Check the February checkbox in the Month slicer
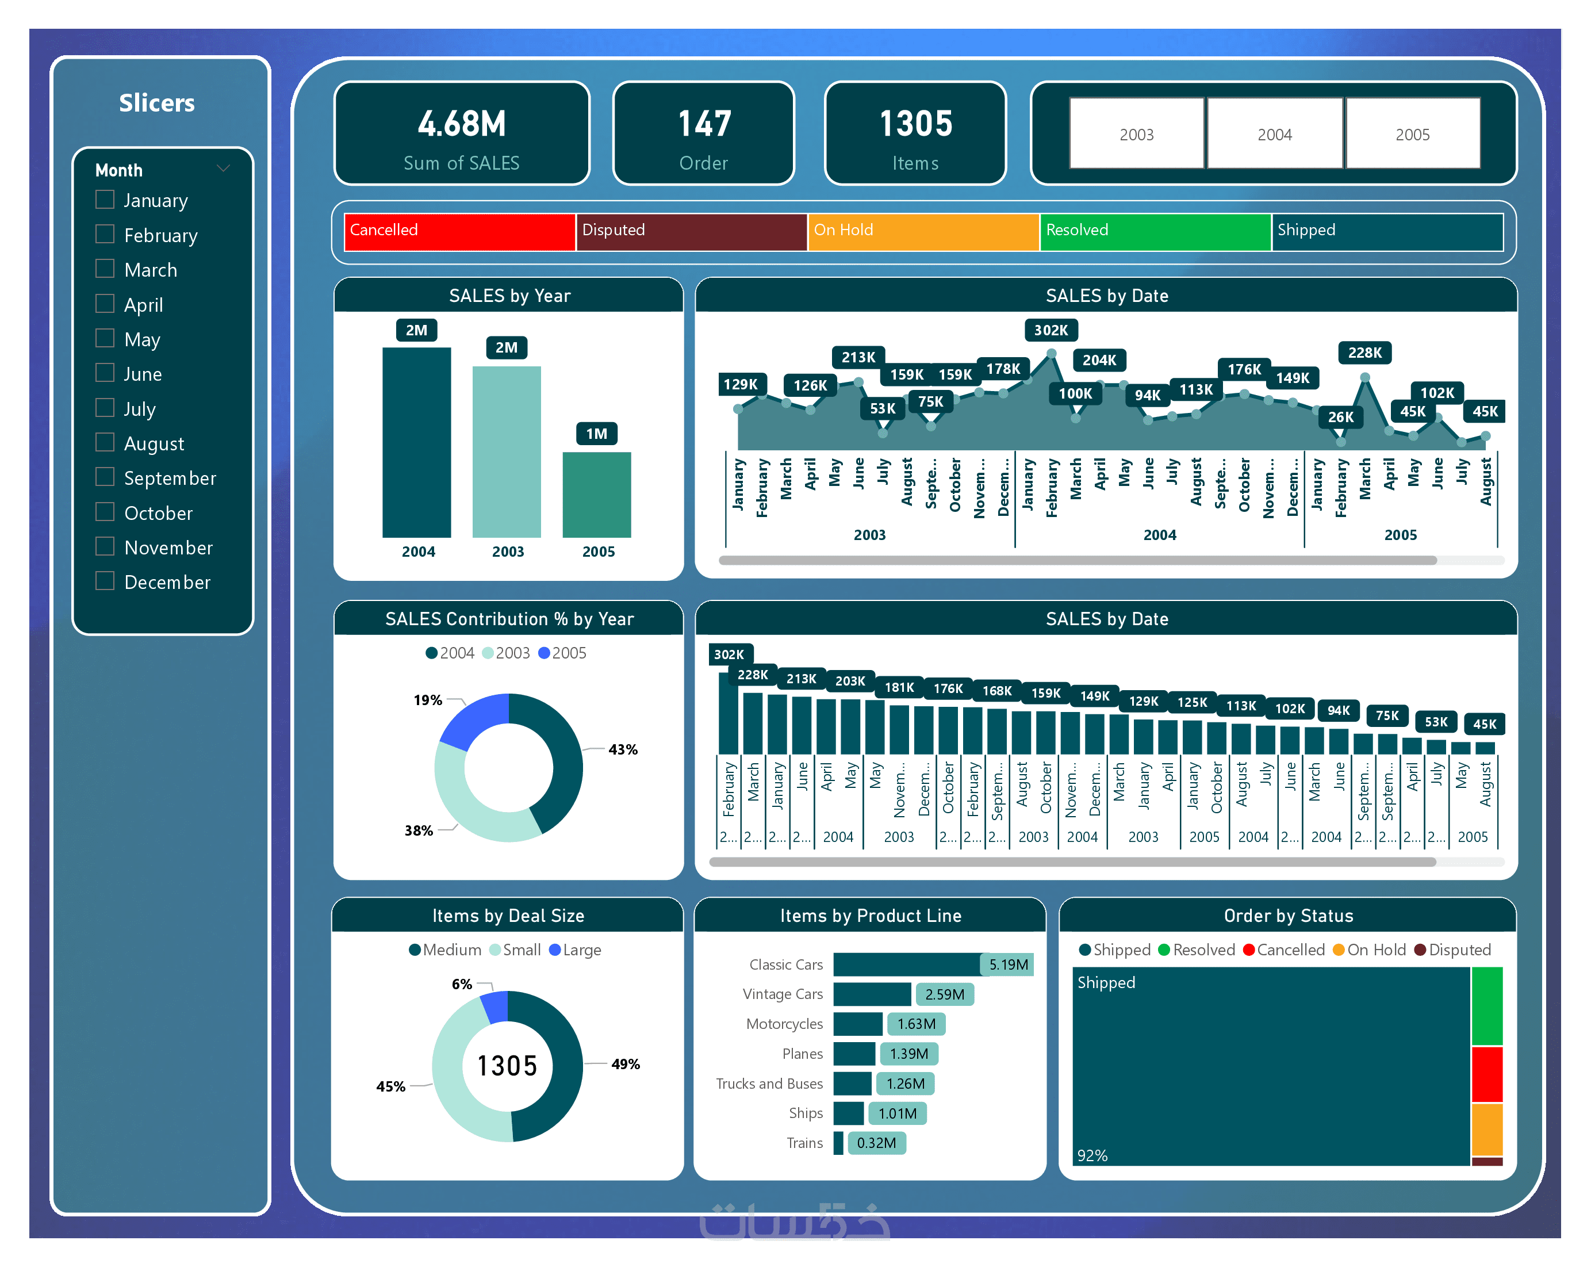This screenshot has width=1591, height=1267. coord(105,235)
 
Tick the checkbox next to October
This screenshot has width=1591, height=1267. coord(105,512)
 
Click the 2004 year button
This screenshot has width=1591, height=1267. coord(1274,135)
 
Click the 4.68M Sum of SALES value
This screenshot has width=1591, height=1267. coord(461,124)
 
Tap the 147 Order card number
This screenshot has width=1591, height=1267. coord(704,124)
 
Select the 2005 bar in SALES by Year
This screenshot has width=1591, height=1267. coord(596,495)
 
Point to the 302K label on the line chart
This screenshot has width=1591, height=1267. coord(1050,330)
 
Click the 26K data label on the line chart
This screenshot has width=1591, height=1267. coord(1340,417)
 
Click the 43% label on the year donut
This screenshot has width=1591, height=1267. coord(622,750)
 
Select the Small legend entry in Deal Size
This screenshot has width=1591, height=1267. coord(521,950)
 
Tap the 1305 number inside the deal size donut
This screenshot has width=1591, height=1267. coord(507,1066)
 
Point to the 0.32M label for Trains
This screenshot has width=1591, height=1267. coord(876,1143)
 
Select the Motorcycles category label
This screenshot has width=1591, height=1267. coord(784,1024)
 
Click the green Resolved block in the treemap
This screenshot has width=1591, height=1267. coord(1486,1006)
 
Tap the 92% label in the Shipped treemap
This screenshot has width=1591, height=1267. coord(1091,1155)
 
